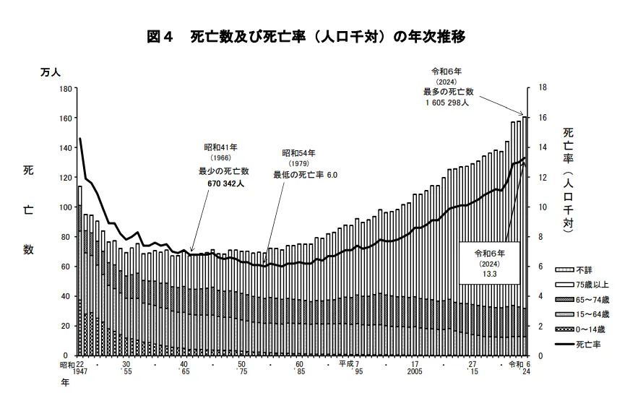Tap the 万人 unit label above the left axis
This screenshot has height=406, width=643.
pyautogui.click(x=51, y=72)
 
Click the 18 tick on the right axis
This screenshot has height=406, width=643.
pyautogui.click(x=532, y=88)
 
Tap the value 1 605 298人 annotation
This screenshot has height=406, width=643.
pyautogui.click(x=448, y=103)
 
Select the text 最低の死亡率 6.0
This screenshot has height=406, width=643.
pyautogui.click(x=305, y=175)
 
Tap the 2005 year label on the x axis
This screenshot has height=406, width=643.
pyautogui.click(x=414, y=371)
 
